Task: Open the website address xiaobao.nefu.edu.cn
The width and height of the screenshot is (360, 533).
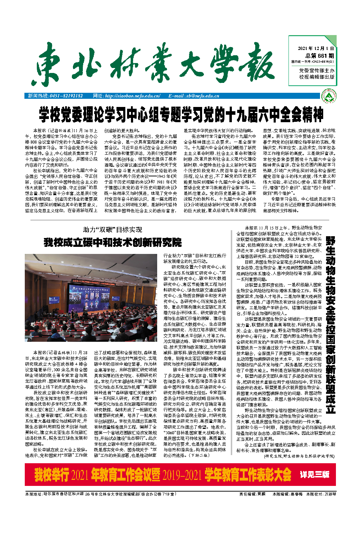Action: (x=132, y=96)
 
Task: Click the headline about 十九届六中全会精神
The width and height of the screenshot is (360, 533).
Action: (x=181, y=114)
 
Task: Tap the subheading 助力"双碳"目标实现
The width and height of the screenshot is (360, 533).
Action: (x=113, y=230)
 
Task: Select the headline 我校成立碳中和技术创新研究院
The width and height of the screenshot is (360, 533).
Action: (x=113, y=243)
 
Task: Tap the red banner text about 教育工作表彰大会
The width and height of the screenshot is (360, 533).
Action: (x=163, y=475)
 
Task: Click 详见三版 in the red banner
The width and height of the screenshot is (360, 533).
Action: (x=315, y=474)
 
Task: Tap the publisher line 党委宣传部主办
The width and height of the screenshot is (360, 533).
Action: (x=316, y=71)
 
